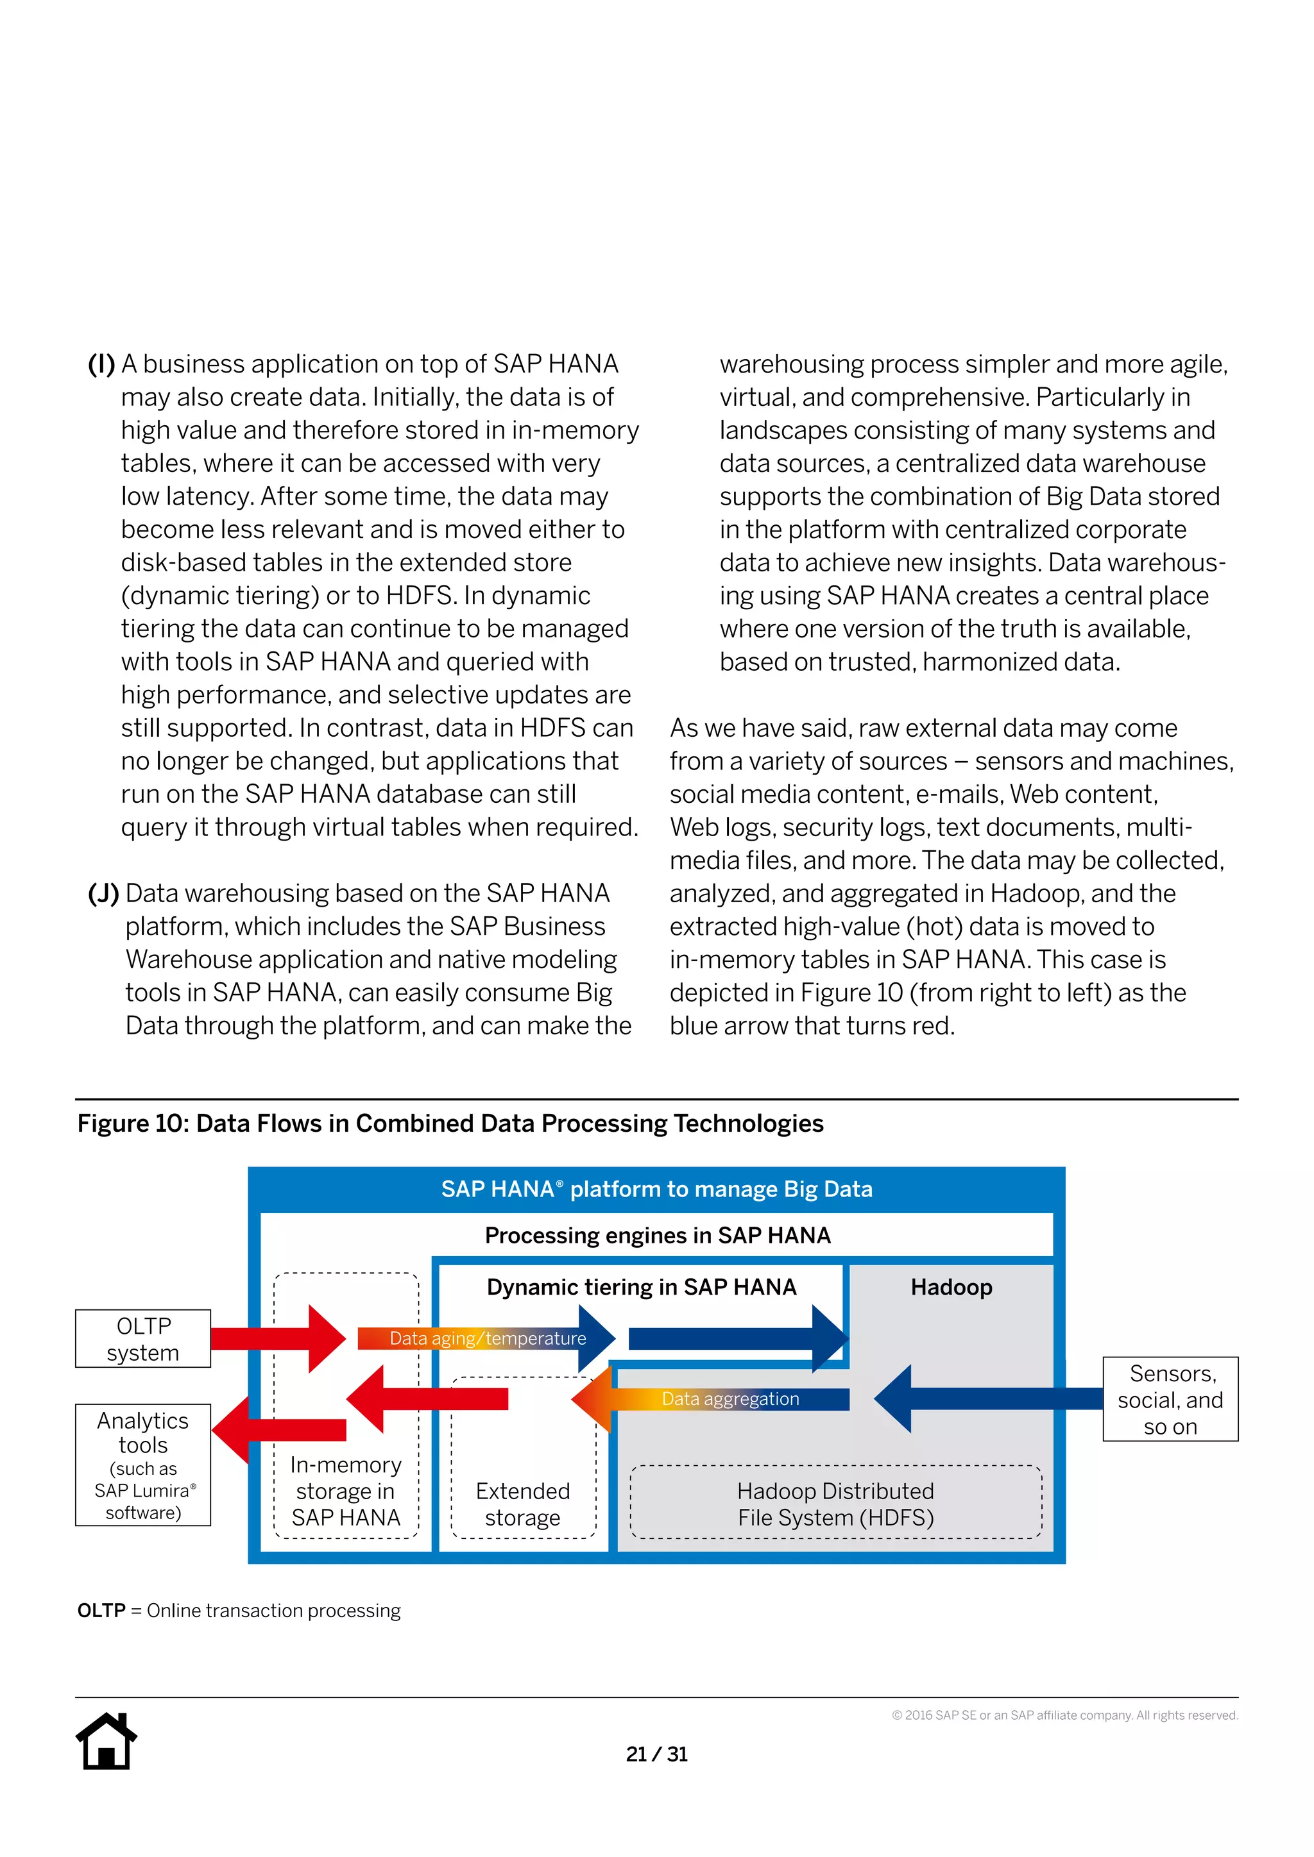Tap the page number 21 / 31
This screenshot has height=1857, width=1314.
tap(656, 1754)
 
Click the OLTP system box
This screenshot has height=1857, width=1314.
tap(143, 1338)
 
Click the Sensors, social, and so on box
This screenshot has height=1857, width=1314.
tap(1170, 1399)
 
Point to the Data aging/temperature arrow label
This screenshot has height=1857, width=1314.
tap(487, 1338)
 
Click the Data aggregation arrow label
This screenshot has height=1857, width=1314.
tap(730, 1399)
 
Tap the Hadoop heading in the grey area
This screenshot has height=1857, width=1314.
tap(951, 1287)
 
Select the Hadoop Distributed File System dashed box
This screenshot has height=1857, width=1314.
tap(836, 1504)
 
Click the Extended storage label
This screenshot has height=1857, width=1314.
tap(523, 1504)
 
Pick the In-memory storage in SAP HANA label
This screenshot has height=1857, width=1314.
tap(346, 1491)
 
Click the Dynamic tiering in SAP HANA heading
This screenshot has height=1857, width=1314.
tap(642, 1287)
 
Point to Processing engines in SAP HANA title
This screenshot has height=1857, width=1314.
tap(657, 1235)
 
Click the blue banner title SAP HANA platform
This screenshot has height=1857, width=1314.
tap(656, 1189)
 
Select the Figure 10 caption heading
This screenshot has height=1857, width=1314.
tap(450, 1123)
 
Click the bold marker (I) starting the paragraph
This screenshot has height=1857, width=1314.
tap(101, 364)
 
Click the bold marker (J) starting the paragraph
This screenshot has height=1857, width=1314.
tap(103, 894)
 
